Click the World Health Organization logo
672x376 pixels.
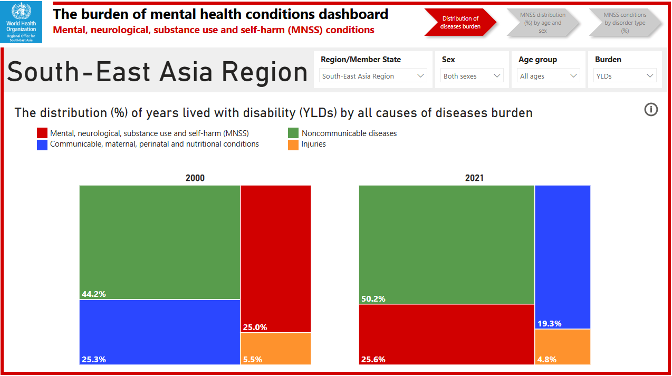22,22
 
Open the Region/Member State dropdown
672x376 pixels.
373,76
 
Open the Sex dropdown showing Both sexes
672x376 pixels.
472,76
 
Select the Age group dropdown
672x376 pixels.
549,76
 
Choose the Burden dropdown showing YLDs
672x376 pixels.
625,76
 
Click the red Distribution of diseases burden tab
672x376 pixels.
460,22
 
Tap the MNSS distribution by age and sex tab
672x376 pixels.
543,23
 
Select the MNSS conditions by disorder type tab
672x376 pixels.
625,23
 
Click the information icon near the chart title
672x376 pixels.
651,110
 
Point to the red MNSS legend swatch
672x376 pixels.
42,133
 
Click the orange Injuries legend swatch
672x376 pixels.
293,144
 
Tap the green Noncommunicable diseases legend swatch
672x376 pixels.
293,133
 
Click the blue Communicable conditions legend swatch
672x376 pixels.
42,144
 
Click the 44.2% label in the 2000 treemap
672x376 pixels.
93,294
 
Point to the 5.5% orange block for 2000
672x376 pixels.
275,349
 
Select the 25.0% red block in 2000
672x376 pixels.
275,258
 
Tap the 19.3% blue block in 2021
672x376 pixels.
562,257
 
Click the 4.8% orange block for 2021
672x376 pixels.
562,346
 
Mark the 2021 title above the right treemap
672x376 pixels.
474,178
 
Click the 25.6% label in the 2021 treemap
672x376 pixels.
373,359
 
